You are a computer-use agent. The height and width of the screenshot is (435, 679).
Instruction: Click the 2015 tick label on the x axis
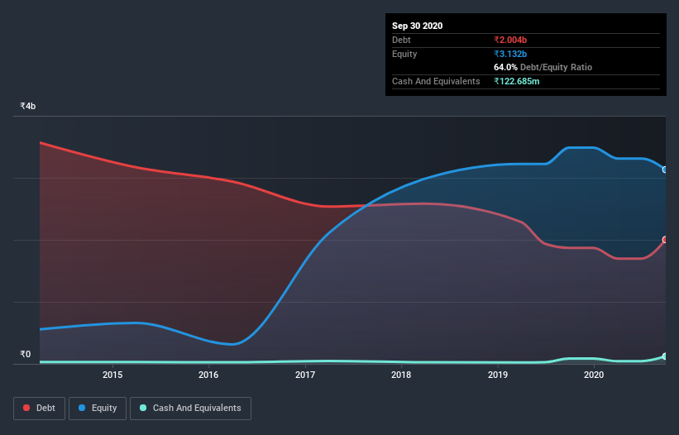(x=112, y=375)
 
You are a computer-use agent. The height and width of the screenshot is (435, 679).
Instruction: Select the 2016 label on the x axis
(x=208, y=375)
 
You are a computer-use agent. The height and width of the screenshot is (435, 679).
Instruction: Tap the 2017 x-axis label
(x=305, y=375)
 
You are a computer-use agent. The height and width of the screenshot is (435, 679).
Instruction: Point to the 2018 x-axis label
(x=401, y=375)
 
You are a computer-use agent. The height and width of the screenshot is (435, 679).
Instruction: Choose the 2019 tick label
(x=498, y=375)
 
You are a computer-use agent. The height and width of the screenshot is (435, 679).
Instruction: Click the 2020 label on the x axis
(x=594, y=375)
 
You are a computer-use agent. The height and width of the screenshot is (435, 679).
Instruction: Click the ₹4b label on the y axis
(x=28, y=107)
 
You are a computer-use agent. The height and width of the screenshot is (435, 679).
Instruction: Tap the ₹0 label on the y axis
(x=26, y=355)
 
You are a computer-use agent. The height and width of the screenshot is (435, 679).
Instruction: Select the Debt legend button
(x=39, y=408)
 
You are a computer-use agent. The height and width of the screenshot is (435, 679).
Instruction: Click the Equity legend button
(x=98, y=408)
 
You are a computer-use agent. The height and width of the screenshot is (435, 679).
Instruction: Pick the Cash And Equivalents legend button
(x=190, y=408)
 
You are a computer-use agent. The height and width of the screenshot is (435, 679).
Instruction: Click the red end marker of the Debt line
(x=665, y=240)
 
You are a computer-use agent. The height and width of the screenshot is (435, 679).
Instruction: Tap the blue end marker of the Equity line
(x=665, y=170)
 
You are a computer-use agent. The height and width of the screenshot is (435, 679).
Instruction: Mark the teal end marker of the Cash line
(x=665, y=356)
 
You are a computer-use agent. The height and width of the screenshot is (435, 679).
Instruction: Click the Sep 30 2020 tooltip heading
(x=418, y=26)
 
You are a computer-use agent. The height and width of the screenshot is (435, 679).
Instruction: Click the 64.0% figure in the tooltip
(x=506, y=67)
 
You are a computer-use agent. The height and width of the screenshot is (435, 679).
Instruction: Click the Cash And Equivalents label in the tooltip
(x=436, y=81)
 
